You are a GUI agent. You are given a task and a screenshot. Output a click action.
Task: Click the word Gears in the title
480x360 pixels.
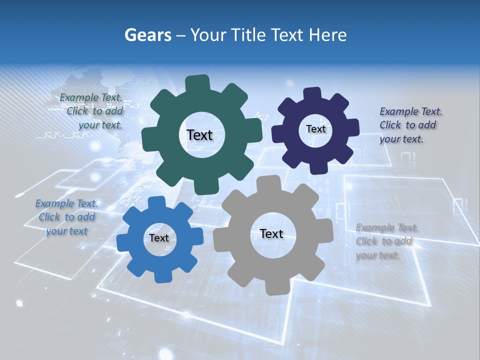point(147,35)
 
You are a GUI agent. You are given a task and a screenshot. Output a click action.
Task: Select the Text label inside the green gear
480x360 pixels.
point(199,135)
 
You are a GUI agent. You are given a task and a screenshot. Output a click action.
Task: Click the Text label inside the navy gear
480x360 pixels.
point(315,129)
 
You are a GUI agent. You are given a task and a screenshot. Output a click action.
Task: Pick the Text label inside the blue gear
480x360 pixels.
point(159,238)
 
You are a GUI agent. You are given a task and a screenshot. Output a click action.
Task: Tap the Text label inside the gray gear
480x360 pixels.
point(271,233)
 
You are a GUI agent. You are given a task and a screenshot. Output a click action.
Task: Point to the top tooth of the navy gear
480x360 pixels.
point(312,94)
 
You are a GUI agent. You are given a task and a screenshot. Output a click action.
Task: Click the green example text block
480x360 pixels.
point(91,111)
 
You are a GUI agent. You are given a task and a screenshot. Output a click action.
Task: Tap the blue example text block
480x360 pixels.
point(67,217)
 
